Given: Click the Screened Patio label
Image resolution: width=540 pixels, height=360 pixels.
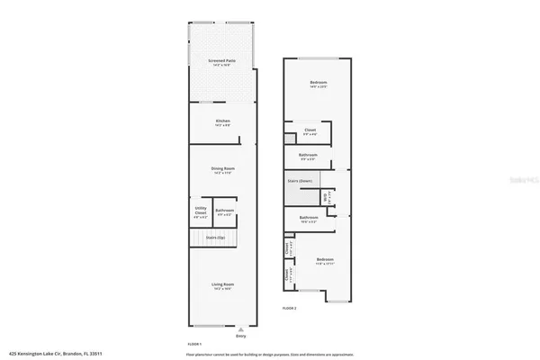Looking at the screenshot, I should [x=222, y=61].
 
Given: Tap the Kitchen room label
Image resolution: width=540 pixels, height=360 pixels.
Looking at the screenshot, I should [x=222, y=121].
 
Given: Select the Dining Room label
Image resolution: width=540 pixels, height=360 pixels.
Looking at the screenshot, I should [x=222, y=169].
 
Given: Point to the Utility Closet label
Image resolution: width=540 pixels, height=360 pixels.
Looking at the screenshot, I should [x=200, y=212].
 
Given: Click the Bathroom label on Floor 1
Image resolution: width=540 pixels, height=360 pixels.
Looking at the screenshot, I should [x=225, y=211].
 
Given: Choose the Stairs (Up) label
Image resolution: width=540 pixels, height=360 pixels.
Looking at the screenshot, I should [x=216, y=238].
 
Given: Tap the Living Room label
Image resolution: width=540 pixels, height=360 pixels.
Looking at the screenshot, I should [x=222, y=285].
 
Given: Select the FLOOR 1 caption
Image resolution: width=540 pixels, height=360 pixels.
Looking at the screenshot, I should [x=193, y=345].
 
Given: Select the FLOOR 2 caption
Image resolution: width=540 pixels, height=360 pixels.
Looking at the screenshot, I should [x=289, y=308].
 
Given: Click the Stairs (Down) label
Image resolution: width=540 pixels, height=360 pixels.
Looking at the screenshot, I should [x=300, y=181].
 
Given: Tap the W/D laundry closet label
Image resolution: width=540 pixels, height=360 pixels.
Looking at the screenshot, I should [x=327, y=194].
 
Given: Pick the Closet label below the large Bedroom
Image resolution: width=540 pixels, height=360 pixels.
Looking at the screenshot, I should [x=310, y=131].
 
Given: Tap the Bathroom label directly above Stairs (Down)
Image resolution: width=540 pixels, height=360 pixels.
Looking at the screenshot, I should [x=308, y=155].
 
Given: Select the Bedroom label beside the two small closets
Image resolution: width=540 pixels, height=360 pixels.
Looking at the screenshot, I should [x=325, y=261].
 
